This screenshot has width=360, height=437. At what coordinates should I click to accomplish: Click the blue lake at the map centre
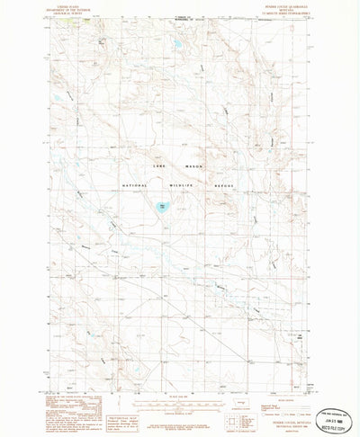tap(162, 207)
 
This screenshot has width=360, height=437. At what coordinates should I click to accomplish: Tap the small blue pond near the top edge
tap(177, 42)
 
